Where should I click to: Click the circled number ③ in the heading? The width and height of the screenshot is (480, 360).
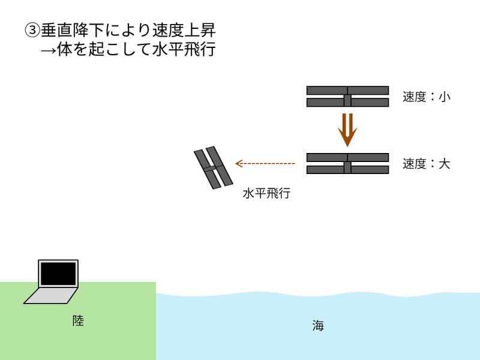[x=32, y=29]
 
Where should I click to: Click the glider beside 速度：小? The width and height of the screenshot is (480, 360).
[x=347, y=97]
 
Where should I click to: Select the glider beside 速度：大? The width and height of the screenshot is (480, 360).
[x=347, y=164]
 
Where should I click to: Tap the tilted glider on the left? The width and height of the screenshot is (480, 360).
[x=213, y=167]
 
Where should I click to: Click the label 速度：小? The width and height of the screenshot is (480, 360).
[x=426, y=97]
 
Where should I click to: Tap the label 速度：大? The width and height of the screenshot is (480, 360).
[x=426, y=164]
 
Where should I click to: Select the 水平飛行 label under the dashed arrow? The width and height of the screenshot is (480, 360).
[x=266, y=193]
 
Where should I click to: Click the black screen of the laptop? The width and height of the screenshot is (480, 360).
[x=58, y=274]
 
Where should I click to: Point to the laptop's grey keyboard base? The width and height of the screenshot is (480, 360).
[x=51, y=295]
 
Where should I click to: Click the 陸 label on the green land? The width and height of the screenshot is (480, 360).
[x=78, y=321]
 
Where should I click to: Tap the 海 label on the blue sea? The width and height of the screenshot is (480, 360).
[x=318, y=326]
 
